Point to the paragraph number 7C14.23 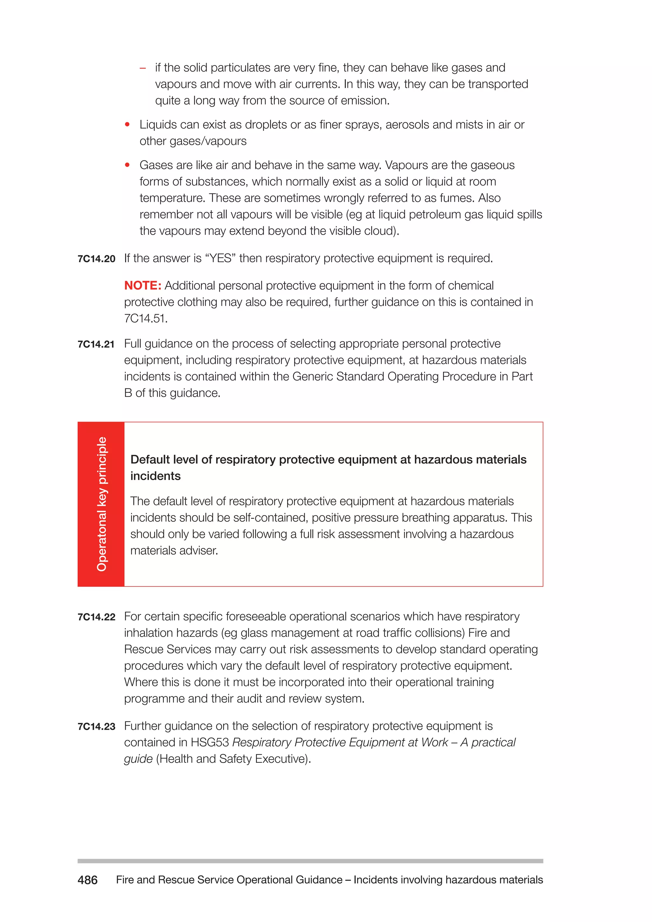pyautogui.click(x=96, y=727)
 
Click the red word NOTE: pyautogui.click(x=143, y=286)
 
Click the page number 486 pyautogui.click(x=88, y=880)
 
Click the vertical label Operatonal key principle pyautogui.click(x=101, y=504)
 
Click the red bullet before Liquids pyautogui.click(x=127, y=125)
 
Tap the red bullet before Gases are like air pyautogui.click(x=127, y=165)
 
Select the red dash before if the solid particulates pyautogui.click(x=143, y=68)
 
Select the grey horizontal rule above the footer pyautogui.click(x=310, y=861)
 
